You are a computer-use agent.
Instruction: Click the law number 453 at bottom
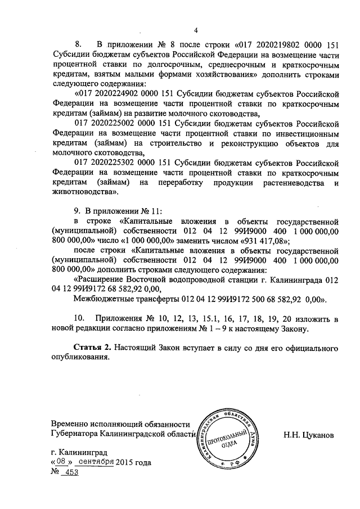pos(70,472)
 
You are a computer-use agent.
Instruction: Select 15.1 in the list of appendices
pos(205,318)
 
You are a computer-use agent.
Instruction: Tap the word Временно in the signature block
pos(70,424)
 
